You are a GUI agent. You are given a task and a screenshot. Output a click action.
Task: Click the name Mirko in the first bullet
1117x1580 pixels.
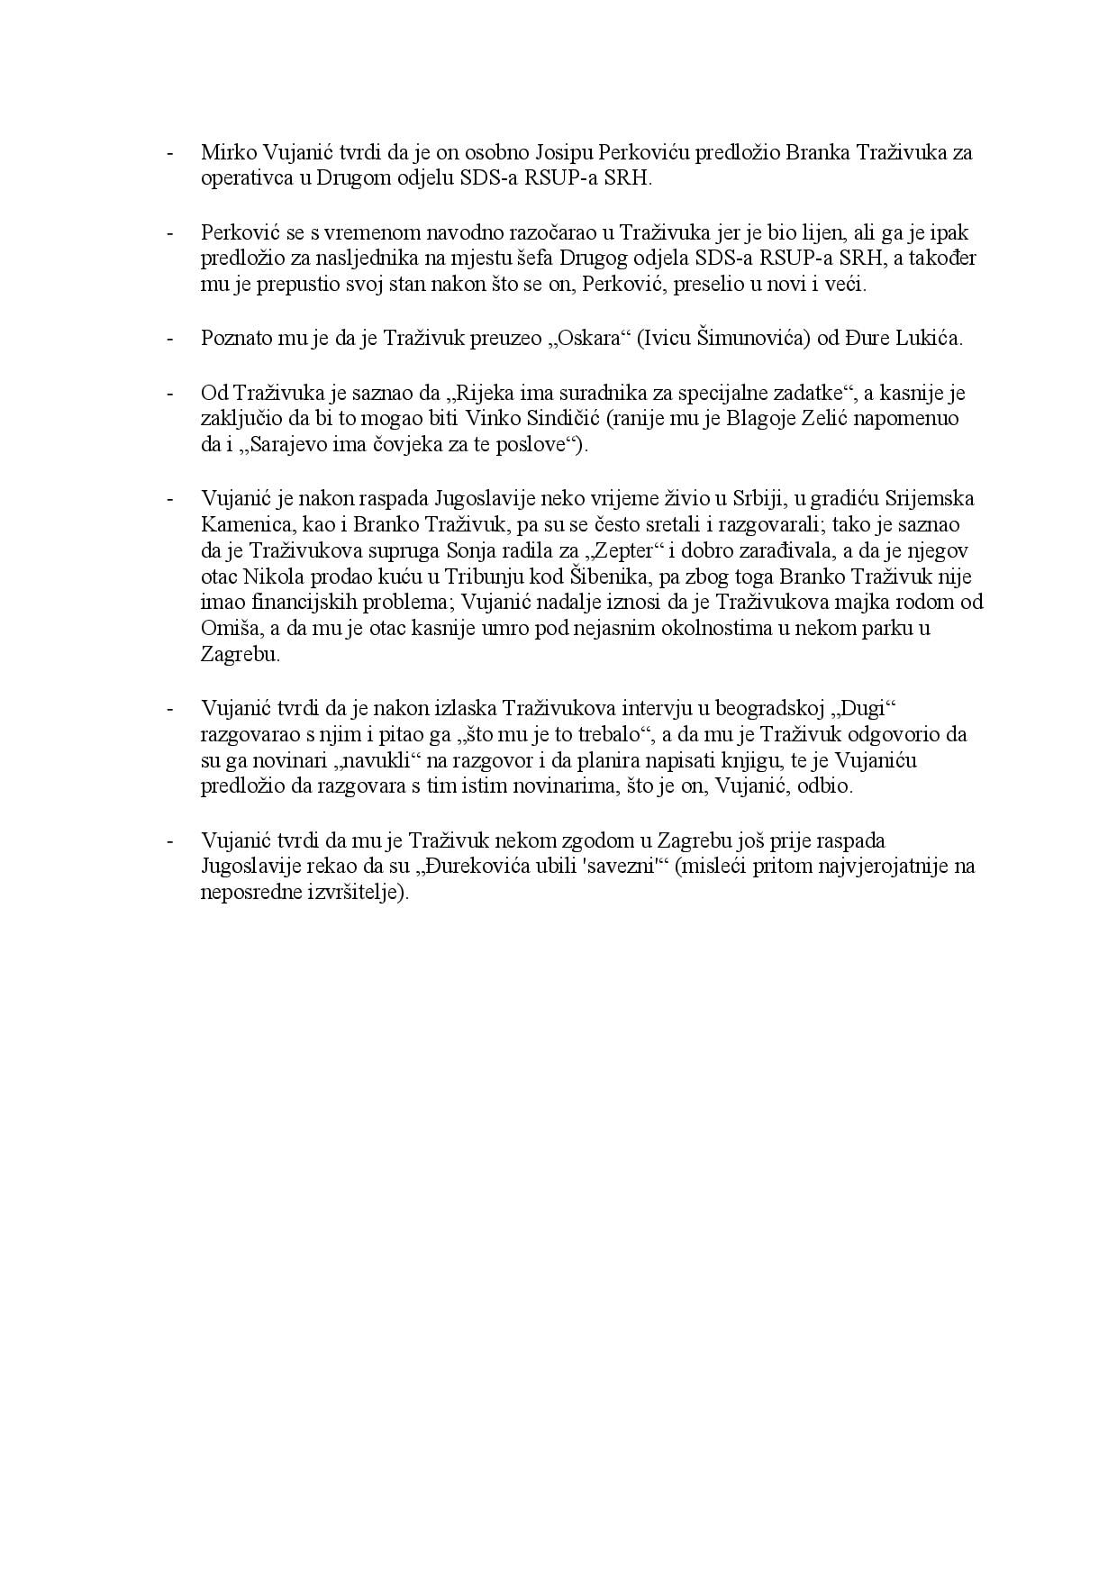[226, 152]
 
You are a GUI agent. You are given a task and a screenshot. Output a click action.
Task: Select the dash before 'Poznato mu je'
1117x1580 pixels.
[169, 339]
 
